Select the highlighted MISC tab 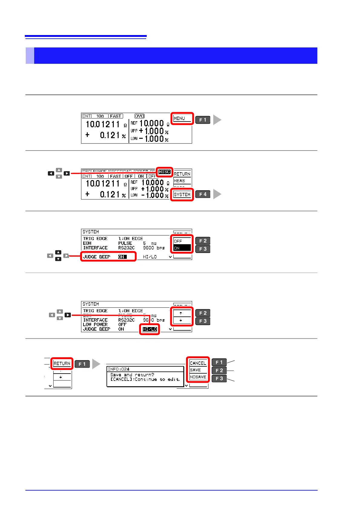coord(165,172)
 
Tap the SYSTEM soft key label coord(182,195)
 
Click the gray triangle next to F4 coord(217,194)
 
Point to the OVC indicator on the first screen coord(139,116)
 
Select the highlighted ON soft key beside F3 coord(182,248)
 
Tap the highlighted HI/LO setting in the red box coord(150,329)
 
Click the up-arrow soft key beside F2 coord(181,313)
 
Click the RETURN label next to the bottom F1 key coord(62,364)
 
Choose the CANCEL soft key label coord(198,363)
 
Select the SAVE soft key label coord(195,370)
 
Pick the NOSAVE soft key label coord(198,377)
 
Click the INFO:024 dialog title coord(119,369)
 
